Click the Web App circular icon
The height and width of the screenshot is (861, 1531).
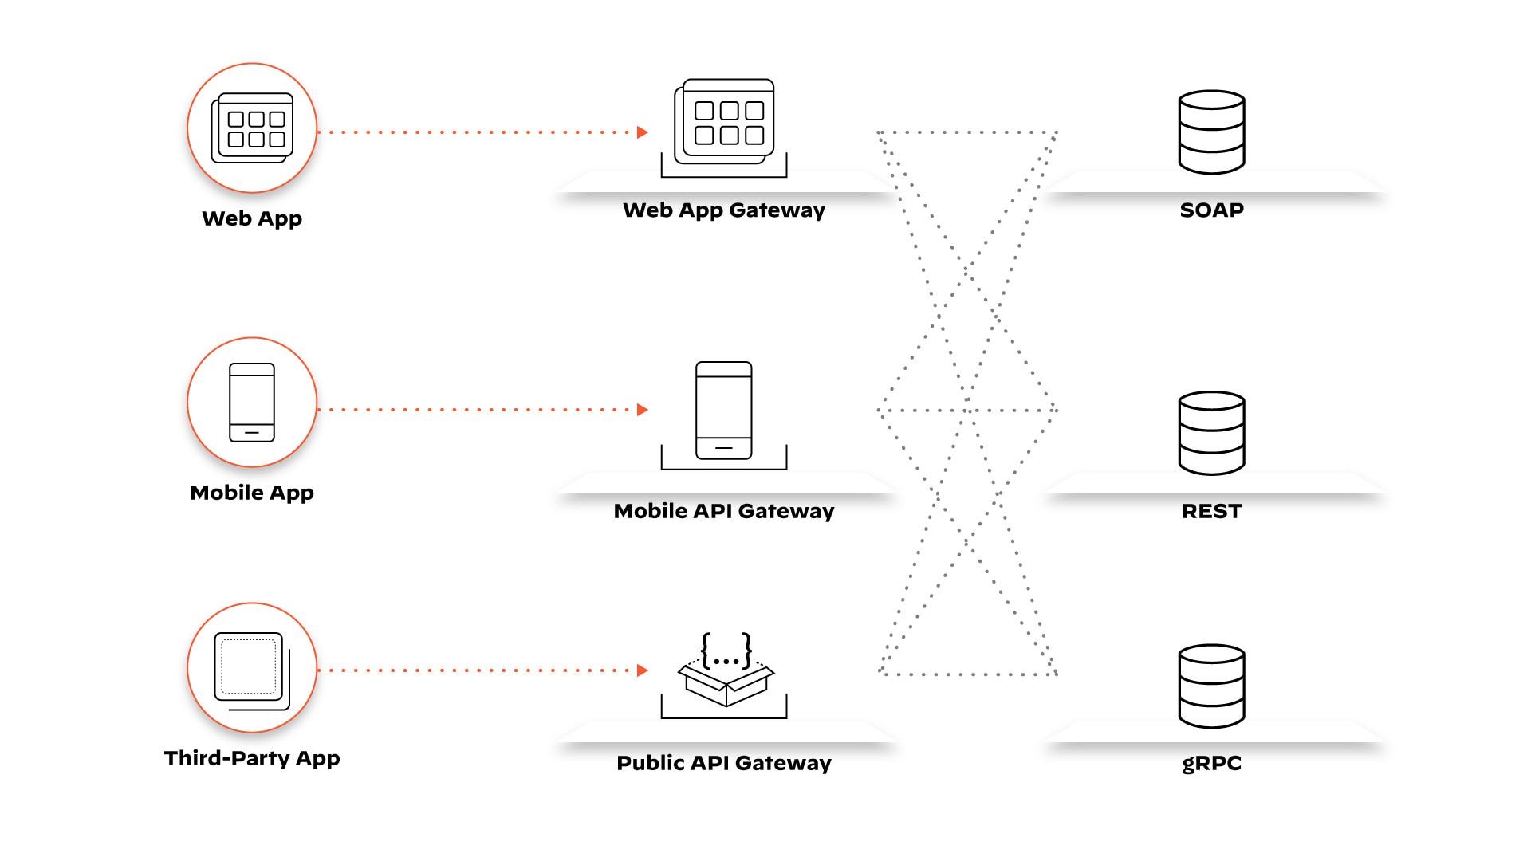[252, 128]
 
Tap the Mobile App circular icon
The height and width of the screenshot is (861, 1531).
[252, 402]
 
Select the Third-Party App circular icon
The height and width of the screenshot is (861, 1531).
[252, 668]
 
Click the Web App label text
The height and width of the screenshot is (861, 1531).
[252, 218]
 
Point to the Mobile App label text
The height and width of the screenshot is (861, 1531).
[252, 493]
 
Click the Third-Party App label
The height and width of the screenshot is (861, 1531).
[252, 758]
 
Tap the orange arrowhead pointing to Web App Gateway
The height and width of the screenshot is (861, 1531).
[643, 132]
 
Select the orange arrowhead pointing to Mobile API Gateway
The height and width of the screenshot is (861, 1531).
[643, 410]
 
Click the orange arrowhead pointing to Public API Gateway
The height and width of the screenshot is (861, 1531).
[643, 670]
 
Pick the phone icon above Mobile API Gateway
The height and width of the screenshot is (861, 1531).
[724, 411]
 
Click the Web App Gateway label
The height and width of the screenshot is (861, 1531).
[724, 210]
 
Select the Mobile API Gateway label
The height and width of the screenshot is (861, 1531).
[724, 511]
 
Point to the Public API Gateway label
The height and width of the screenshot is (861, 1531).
[724, 763]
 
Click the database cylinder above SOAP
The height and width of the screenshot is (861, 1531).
[1211, 132]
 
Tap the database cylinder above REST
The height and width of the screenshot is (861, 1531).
[1211, 433]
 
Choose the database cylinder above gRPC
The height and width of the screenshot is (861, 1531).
[1211, 686]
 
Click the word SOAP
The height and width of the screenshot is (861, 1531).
[1211, 210]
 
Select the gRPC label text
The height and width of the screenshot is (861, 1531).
[1211, 763]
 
